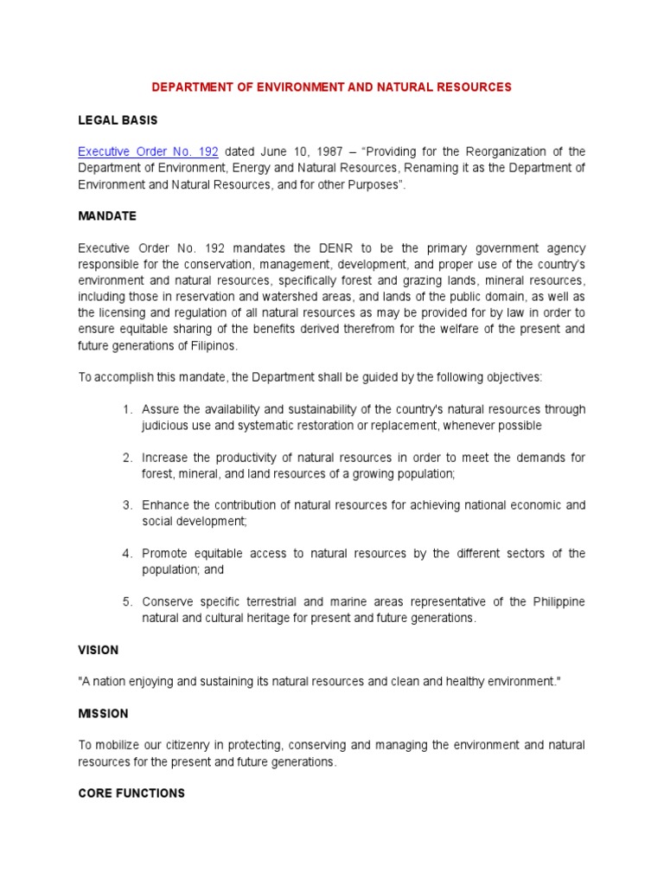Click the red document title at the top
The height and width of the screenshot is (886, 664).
click(x=332, y=87)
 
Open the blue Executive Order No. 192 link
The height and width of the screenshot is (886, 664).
click(x=132, y=151)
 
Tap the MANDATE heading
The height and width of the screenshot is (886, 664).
click(x=107, y=215)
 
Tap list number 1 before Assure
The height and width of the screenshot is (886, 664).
click(x=126, y=409)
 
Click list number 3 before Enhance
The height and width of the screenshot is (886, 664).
click(x=126, y=505)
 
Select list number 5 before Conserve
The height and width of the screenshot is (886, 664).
click(x=126, y=601)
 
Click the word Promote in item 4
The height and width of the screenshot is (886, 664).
click(x=166, y=554)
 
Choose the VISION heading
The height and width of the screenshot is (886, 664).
click(x=98, y=650)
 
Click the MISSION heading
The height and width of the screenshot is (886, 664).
click(x=103, y=714)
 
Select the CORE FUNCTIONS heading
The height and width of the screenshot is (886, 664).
click(x=131, y=793)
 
